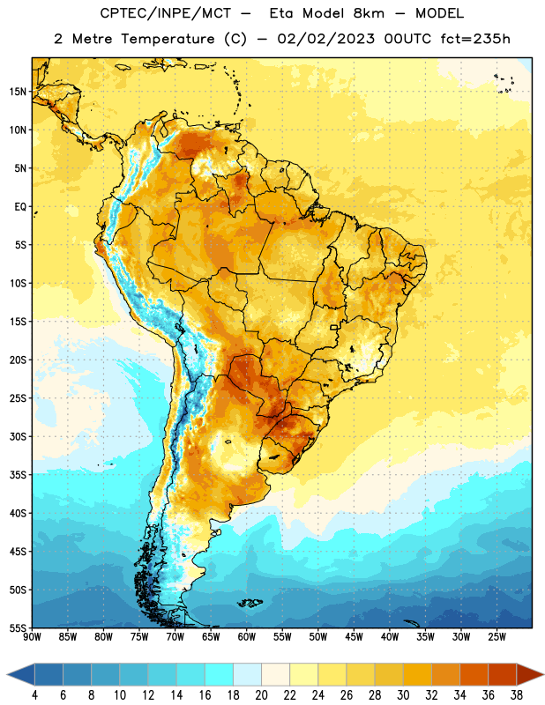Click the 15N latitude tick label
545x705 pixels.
[18, 92]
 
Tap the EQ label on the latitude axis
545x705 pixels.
[20, 207]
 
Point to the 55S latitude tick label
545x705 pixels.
[18, 628]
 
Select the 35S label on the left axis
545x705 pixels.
[18, 475]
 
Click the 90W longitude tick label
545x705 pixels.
[32, 637]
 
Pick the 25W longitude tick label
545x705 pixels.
[496, 637]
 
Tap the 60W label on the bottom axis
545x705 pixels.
[247, 637]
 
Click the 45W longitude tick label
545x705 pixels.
[355, 637]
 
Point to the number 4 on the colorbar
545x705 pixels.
[34, 695]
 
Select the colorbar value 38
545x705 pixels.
[516, 695]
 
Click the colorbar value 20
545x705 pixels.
[261, 695]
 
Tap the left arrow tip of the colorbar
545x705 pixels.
[7, 674]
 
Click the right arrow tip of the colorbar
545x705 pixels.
[543, 674]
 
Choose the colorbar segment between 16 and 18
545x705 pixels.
[220, 674]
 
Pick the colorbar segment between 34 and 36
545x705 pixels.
[474, 674]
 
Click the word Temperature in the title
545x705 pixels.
[168, 39]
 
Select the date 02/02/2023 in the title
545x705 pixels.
[325, 39]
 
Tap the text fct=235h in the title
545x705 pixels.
[475, 39]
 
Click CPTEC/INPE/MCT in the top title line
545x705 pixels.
[166, 13]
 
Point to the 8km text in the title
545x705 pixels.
[369, 13]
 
